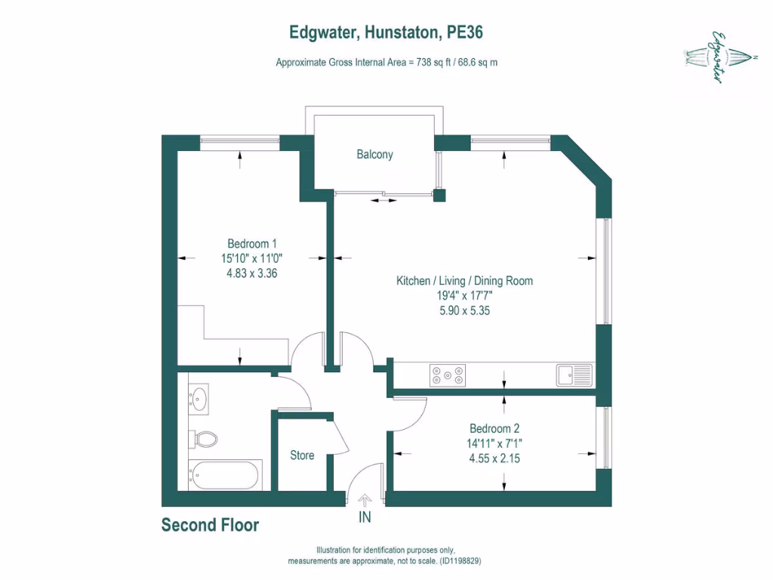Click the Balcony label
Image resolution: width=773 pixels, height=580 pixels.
click(x=374, y=155)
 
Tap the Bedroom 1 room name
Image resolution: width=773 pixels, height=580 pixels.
click(x=252, y=244)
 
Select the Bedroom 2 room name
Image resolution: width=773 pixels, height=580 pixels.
click(x=494, y=427)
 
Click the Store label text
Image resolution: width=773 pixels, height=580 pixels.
click(x=302, y=455)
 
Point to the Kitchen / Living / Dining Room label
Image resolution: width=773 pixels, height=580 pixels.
click(x=464, y=281)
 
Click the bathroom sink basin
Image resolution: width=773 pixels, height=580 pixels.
click(x=200, y=398)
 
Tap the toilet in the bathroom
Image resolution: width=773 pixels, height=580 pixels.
click(x=205, y=439)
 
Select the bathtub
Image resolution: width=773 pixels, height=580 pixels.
click(x=224, y=475)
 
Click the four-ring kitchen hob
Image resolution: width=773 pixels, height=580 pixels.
click(x=448, y=374)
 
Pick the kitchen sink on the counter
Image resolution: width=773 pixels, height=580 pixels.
click(x=574, y=374)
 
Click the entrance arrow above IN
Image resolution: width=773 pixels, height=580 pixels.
click(x=365, y=500)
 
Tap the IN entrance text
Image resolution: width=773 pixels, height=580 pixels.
click(x=365, y=518)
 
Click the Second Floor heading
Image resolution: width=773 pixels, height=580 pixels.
click(x=210, y=526)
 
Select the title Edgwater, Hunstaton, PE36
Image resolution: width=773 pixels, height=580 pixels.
click(x=386, y=32)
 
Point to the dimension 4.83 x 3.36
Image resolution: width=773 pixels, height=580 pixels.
click(x=252, y=274)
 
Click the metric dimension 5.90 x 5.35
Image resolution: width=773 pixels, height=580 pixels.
click(x=464, y=310)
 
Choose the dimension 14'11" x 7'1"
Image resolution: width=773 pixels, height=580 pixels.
click(x=494, y=443)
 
